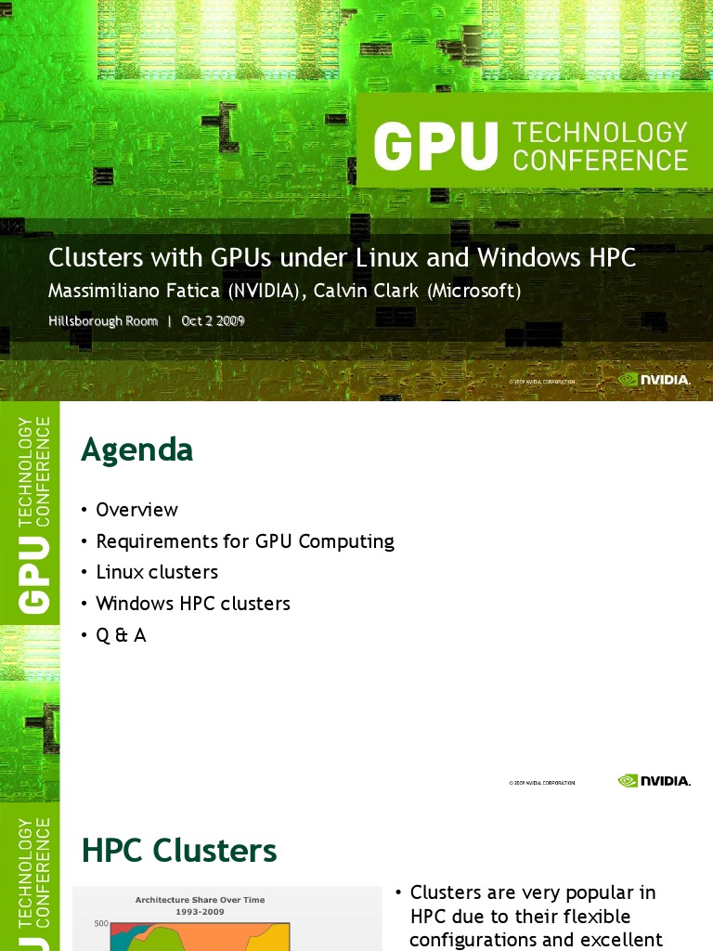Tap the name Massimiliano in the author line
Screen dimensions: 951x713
point(104,291)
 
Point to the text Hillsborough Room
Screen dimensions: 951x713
point(103,321)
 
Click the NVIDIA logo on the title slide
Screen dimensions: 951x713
point(655,380)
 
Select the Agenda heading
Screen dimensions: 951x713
point(136,449)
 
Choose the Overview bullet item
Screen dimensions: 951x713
point(136,510)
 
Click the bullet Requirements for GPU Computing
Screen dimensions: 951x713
point(245,541)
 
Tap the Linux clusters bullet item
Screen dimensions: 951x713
point(157,572)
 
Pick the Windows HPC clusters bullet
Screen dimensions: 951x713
point(193,604)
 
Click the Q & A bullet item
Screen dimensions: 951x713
point(122,635)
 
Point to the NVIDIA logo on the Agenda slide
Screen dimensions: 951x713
point(655,781)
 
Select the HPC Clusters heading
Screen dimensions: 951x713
point(179,851)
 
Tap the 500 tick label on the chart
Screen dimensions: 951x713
point(102,924)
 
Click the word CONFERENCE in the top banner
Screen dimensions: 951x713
point(600,160)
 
